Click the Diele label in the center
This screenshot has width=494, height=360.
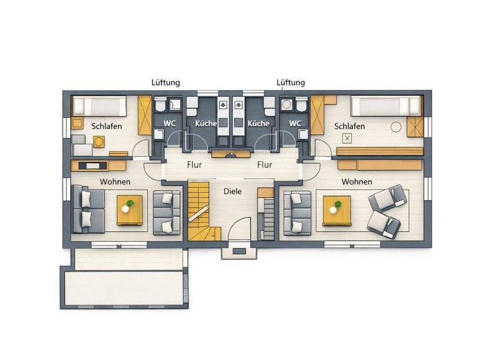coord(233,192)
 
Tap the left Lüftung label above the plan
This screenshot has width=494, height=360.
coord(165,83)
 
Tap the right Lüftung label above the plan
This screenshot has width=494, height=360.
coord(291,83)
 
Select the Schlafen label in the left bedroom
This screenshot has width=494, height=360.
coord(107,126)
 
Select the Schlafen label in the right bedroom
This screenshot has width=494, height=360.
coord(349,126)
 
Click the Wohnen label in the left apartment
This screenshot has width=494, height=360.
coord(115,182)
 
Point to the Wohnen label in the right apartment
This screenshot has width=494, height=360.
coord(356,182)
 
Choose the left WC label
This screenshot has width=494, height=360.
coord(169,123)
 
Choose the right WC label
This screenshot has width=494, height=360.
coord(295,123)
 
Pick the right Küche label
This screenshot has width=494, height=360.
coord(259,123)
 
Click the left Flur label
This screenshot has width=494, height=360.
coord(194,165)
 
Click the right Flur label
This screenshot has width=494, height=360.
coord(264,165)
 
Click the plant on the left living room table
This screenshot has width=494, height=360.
coord(130,204)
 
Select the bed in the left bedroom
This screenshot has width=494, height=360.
coord(100,105)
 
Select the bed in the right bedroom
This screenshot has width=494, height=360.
coord(385,105)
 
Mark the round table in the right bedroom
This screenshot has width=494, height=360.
coord(396,127)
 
